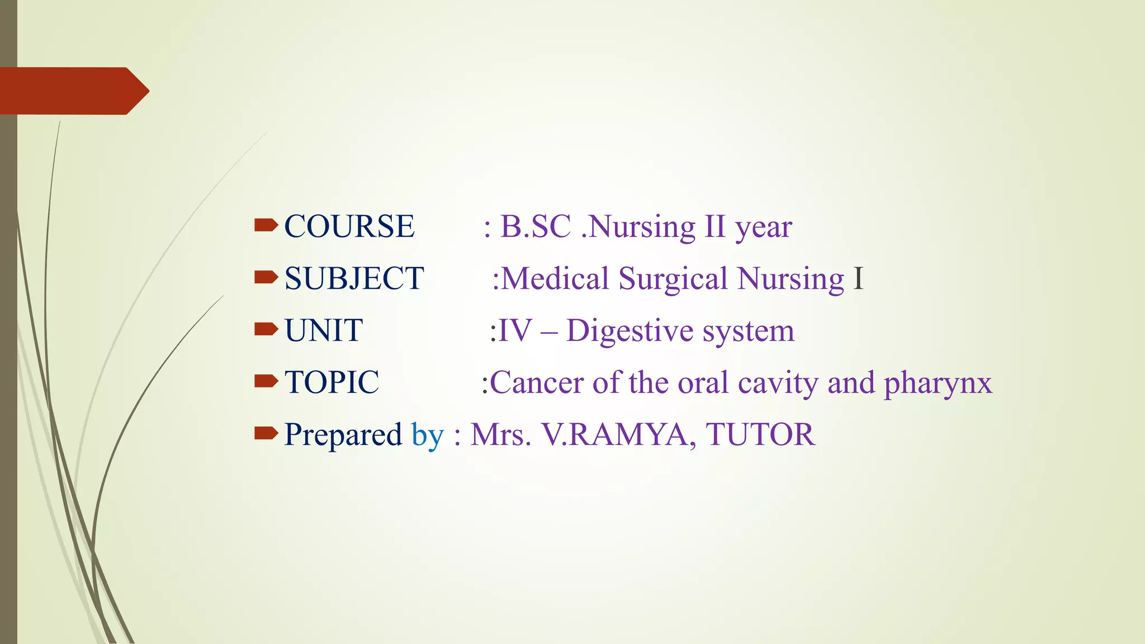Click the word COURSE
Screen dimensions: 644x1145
(349, 227)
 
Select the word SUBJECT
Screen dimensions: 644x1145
(354, 279)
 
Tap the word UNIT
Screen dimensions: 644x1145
(324, 331)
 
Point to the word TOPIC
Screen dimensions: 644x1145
(332, 383)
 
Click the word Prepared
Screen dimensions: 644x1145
(343, 435)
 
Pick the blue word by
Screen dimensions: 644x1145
(428, 435)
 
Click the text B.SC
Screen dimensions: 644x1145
(535, 227)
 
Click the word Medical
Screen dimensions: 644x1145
(555, 279)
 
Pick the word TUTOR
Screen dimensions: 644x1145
(760, 435)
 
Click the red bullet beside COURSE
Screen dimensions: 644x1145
(266, 225)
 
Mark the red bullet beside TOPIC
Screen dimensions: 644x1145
(266, 381)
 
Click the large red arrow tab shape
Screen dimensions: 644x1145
(73, 91)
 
